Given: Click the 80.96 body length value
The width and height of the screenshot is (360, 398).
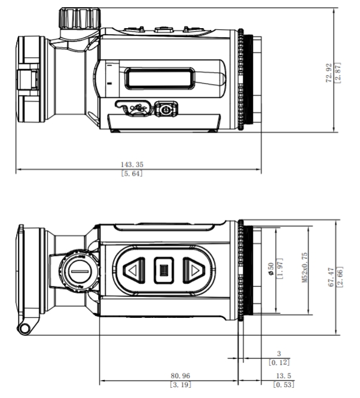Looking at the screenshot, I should [x=180, y=375].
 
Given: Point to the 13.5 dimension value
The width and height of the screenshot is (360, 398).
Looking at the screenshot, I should [x=280, y=375].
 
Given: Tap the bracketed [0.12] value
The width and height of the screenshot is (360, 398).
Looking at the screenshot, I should [x=279, y=362].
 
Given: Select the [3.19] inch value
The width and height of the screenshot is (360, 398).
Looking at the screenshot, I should [x=180, y=385].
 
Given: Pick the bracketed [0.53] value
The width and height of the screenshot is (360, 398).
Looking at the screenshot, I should [x=280, y=385].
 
